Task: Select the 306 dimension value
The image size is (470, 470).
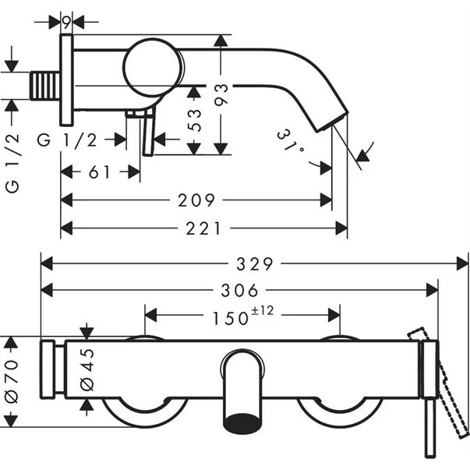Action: coord(239,291)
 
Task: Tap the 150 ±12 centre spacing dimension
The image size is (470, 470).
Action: coord(241,317)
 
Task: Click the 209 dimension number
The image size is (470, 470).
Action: coord(196,201)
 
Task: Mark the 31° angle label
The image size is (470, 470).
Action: coord(290,141)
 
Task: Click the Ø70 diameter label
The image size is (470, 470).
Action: coord(11,382)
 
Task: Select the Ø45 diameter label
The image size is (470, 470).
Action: coord(87,371)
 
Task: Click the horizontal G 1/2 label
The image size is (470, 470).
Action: coord(68,140)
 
